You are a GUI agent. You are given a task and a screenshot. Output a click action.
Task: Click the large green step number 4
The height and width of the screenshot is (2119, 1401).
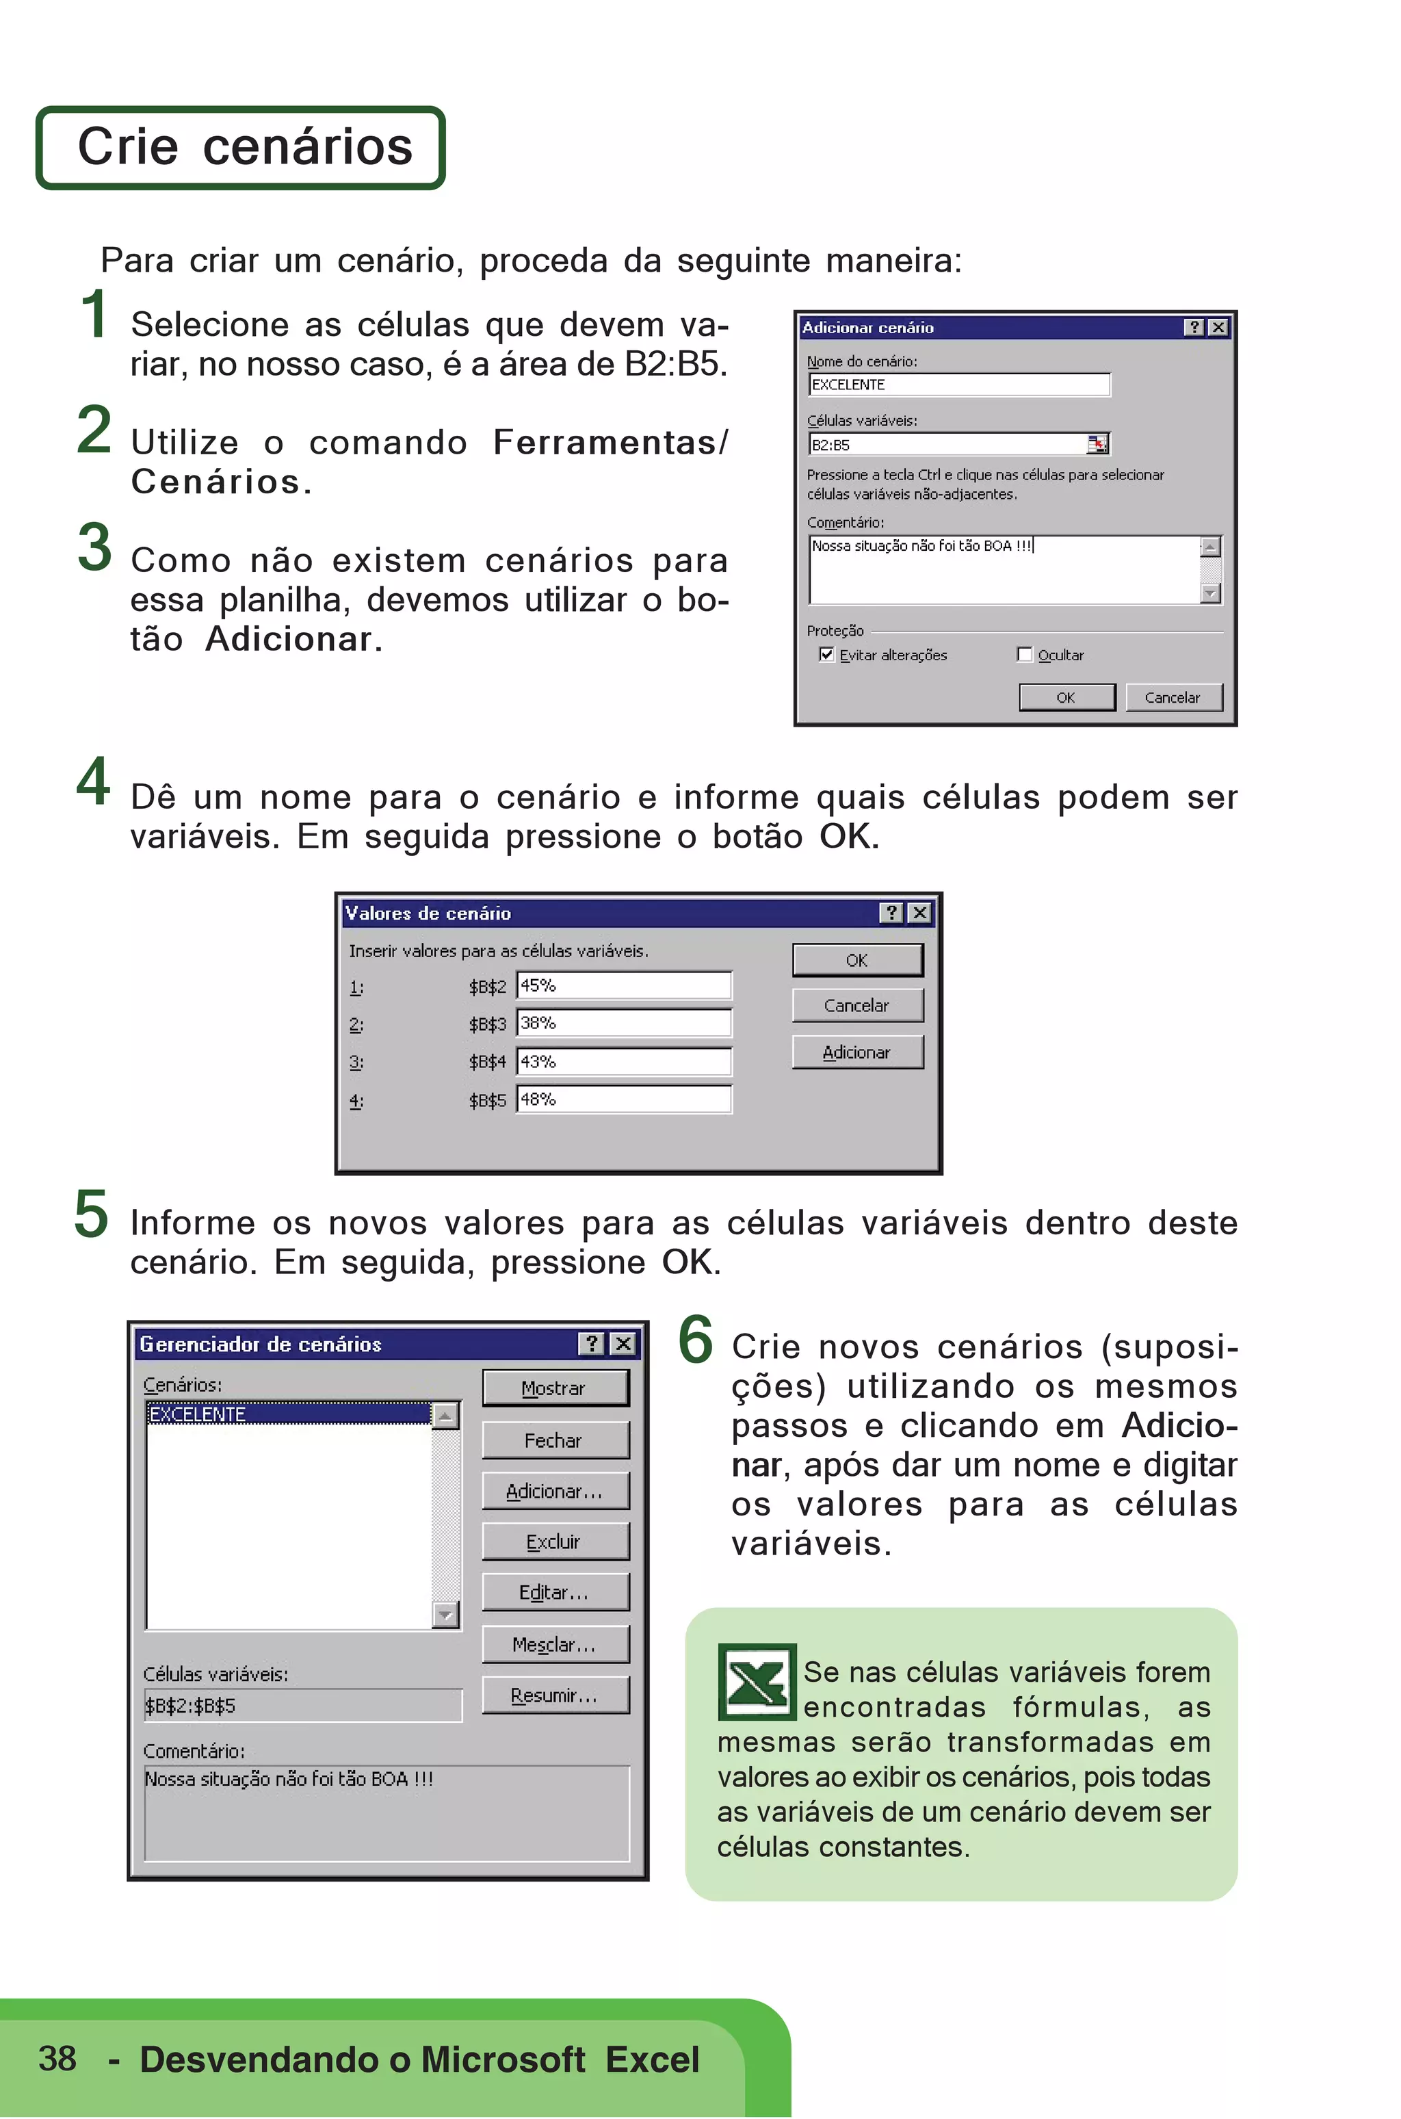[94, 782]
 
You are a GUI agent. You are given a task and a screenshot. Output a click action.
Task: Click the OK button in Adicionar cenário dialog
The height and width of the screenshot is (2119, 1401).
[1067, 697]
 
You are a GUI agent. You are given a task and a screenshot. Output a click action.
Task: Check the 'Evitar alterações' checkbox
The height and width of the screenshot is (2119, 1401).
[826, 654]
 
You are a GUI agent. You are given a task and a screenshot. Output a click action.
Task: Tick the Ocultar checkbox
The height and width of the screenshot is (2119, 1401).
[1025, 654]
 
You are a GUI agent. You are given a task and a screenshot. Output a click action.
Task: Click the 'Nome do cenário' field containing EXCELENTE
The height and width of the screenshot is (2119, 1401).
[958, 385]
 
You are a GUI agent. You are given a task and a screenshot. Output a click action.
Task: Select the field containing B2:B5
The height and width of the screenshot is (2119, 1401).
[947, 444]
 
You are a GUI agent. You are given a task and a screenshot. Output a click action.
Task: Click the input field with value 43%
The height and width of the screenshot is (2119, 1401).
[624, 1062]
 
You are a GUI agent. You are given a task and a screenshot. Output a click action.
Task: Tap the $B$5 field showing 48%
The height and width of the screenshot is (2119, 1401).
[624, 1100]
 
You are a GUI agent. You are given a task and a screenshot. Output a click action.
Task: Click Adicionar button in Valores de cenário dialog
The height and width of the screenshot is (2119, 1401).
[857, 1052]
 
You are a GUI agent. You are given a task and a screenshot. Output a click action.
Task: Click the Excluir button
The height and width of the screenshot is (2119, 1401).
[555, 1542]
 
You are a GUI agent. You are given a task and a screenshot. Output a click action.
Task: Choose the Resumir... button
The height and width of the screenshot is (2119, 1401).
[555, 1695]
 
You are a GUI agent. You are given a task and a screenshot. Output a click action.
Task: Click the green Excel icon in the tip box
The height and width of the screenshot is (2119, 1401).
[757, 1682]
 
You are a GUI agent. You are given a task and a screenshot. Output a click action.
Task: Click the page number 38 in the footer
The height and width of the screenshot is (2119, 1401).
[57, 2058]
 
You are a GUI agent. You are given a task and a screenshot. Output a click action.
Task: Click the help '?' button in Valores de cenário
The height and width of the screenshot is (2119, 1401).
[891, 913]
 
